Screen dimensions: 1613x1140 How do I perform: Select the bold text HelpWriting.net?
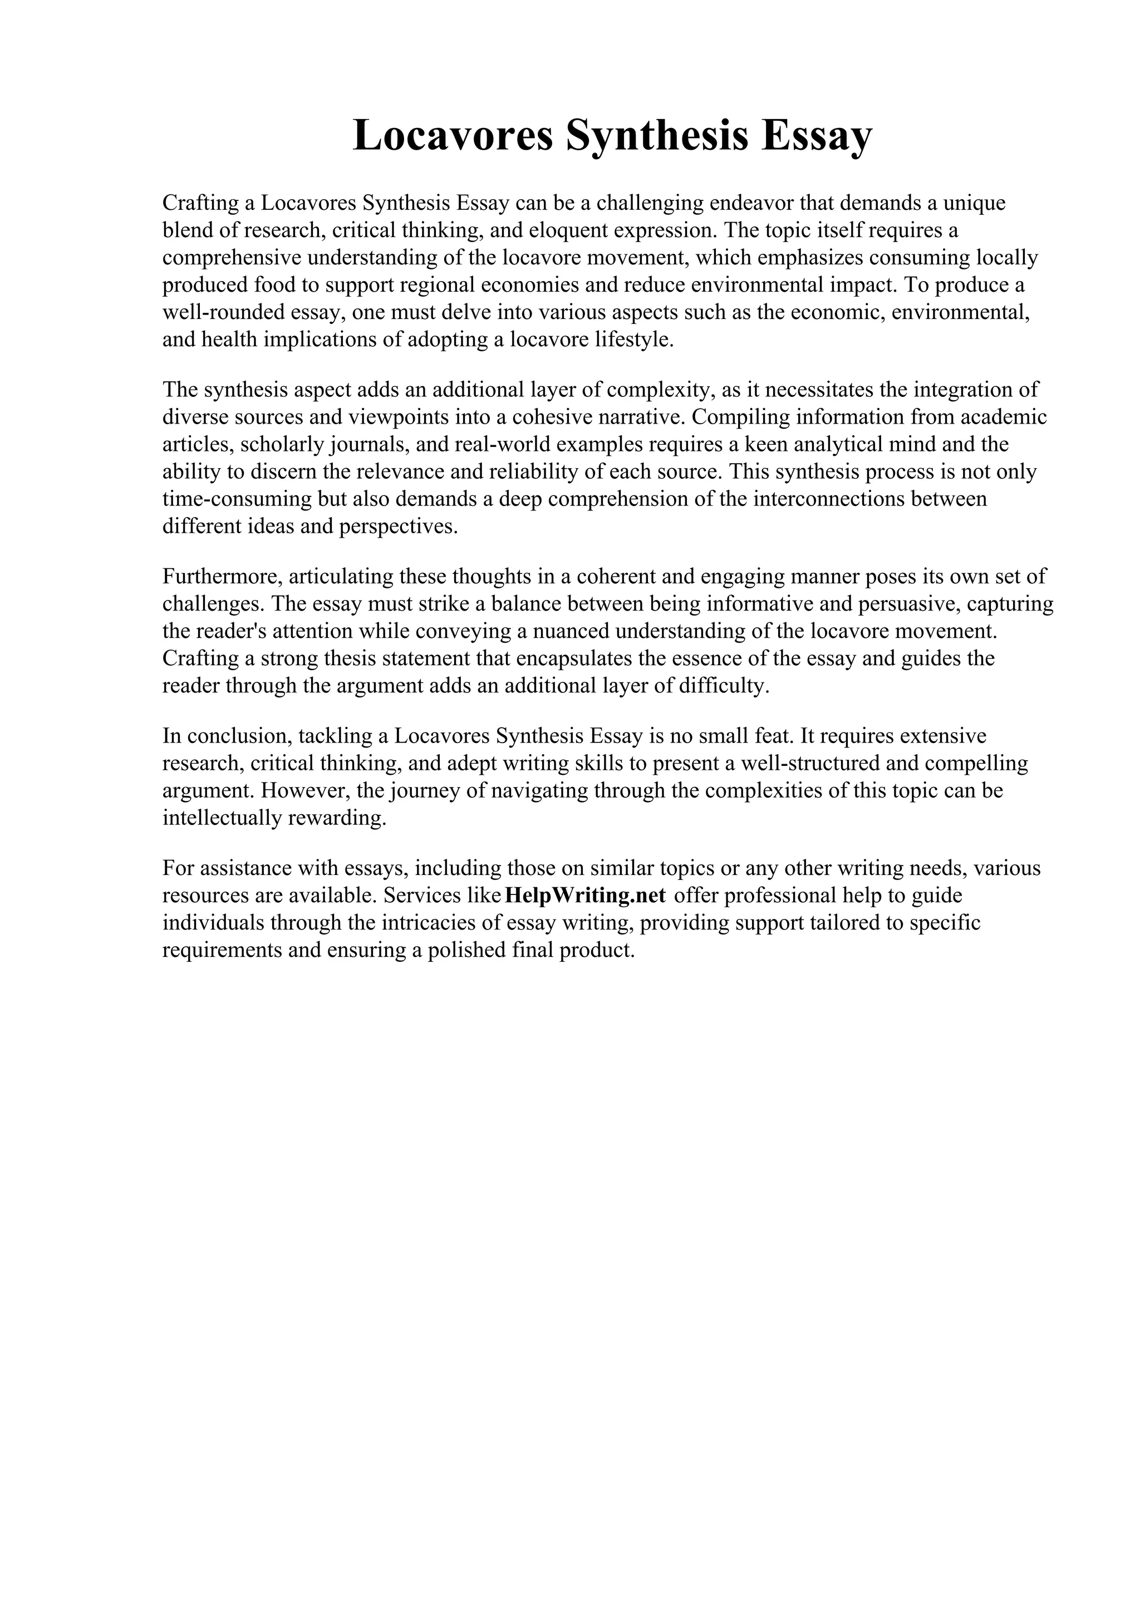(x=585, y=896)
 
